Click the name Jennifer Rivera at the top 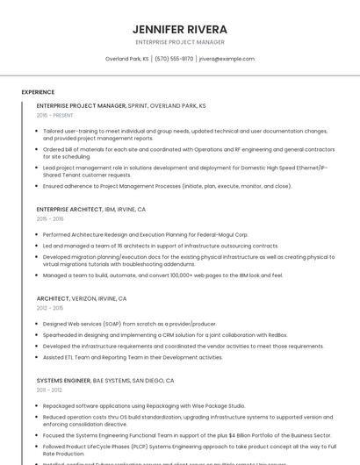coord(179,28)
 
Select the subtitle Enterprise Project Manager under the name coord(179,42)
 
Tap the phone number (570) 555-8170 coord(174,59)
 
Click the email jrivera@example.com coord(227,59)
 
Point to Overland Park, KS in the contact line coord(127,59)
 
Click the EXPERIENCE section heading coord(38,91)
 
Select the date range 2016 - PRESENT coord(55,115)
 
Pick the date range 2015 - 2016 coord(50,219)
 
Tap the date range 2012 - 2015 coord(50,308)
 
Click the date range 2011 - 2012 coord(49,390)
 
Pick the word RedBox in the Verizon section coord(277,334)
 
